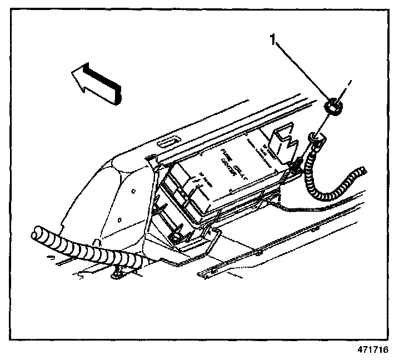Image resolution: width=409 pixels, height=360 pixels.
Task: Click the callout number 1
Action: click(272, 39)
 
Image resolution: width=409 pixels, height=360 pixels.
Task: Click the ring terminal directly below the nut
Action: click(315, 137)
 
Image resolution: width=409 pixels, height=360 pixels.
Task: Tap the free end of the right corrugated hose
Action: click(362, 169)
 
